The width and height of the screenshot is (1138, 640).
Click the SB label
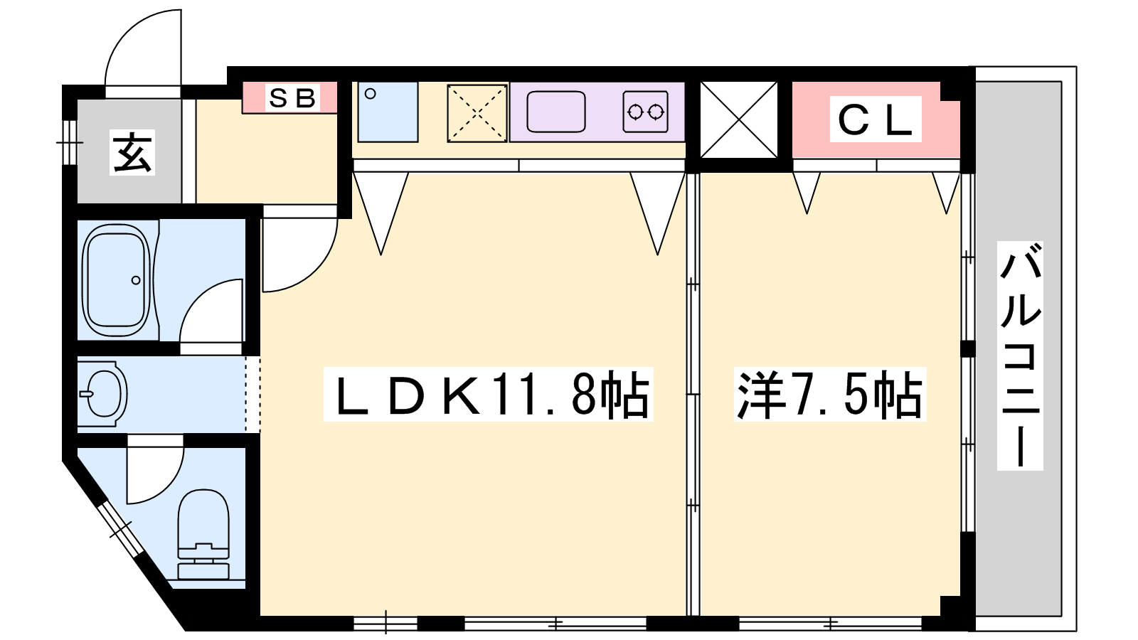point(292,98)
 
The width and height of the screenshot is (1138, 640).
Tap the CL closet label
point(875,120)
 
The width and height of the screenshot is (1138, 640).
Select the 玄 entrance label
point(132,152)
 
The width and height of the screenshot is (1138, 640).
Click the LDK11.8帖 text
point(489,395)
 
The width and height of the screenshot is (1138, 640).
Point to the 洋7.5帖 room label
point(830,395)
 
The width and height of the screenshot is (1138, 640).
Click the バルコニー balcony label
point(1020,356)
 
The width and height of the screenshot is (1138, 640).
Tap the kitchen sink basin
point(555,112)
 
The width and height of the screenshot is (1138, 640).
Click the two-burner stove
point(645,112)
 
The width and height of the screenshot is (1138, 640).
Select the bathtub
point(117,280)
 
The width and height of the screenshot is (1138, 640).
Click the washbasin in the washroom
point(103,394)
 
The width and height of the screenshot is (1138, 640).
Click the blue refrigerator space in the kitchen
point(388,112)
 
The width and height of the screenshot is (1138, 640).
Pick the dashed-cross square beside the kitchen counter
point(477,113)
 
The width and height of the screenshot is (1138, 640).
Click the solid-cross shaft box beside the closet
point(739,120)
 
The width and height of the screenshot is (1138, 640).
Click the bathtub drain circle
point(136,280)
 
